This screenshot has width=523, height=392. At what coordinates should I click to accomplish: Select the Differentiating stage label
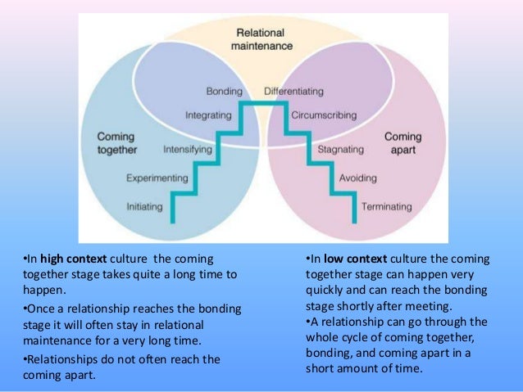tap(293, 90)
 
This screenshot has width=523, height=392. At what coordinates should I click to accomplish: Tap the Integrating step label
tap(208, 115)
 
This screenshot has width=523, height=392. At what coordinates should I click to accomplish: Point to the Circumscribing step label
tap(323, 115)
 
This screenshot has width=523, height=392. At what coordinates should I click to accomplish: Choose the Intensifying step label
tap(188, 151)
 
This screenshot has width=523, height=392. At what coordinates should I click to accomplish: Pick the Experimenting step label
tap(158, 178)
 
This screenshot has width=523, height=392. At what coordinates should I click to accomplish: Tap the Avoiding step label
tap(358, 178)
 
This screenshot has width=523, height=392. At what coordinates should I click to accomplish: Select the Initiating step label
tap(145, 206)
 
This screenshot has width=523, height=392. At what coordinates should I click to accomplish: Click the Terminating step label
tap(386, 206)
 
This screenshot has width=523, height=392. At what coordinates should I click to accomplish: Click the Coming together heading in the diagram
tap(116, 142)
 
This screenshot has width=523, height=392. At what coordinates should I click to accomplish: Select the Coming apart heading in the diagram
tap(402, 143)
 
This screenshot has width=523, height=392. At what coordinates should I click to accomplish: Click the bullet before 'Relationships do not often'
tap(24, 358)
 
